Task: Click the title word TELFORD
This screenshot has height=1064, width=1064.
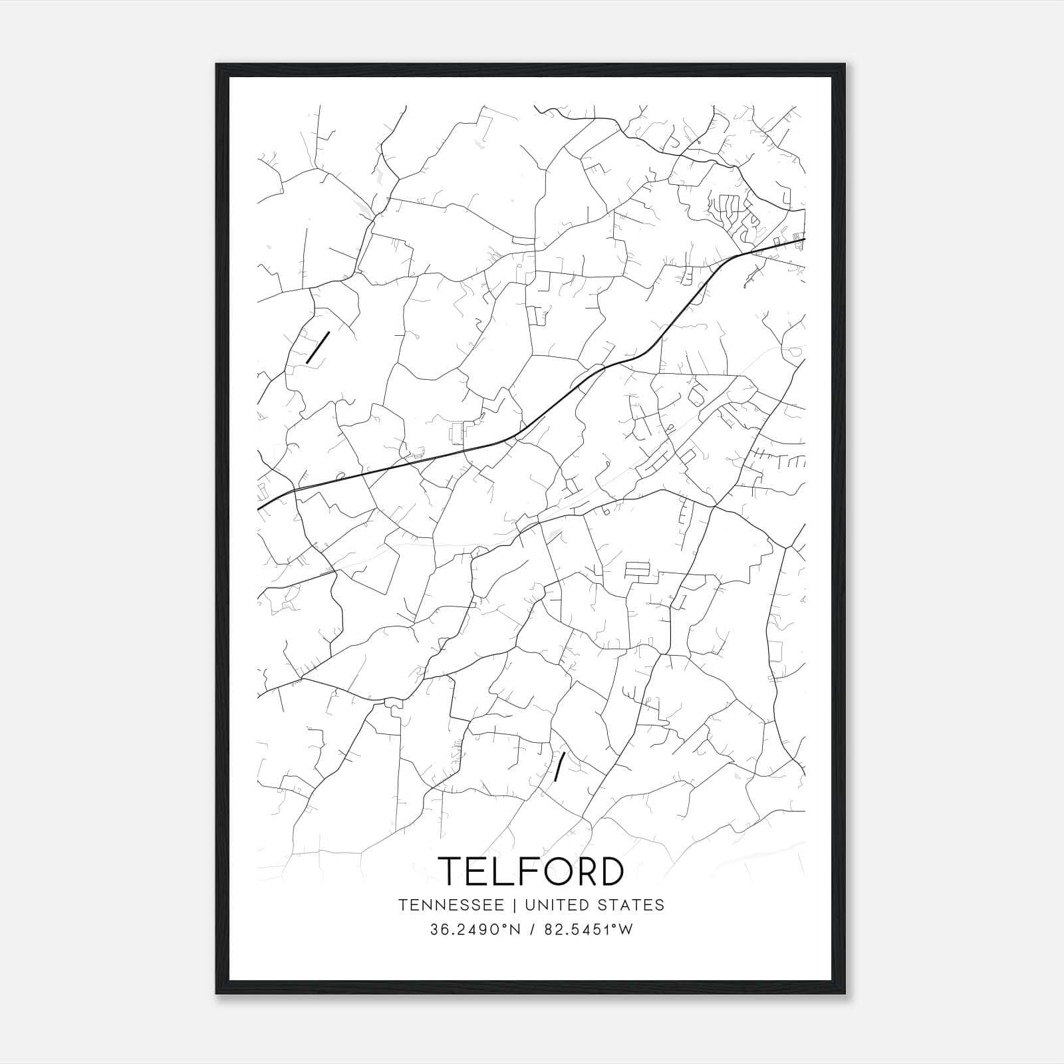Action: click(531, 871)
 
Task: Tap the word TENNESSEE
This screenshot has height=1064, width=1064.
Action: click(454, 905)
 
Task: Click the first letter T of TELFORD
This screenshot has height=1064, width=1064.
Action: click(452, 871)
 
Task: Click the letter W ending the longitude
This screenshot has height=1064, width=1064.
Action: click(626, 930)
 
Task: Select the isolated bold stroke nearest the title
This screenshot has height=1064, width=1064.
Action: click(560, 765)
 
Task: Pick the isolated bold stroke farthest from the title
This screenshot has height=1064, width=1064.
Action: click(318, 347)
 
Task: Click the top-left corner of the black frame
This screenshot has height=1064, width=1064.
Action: click(217, 65)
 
